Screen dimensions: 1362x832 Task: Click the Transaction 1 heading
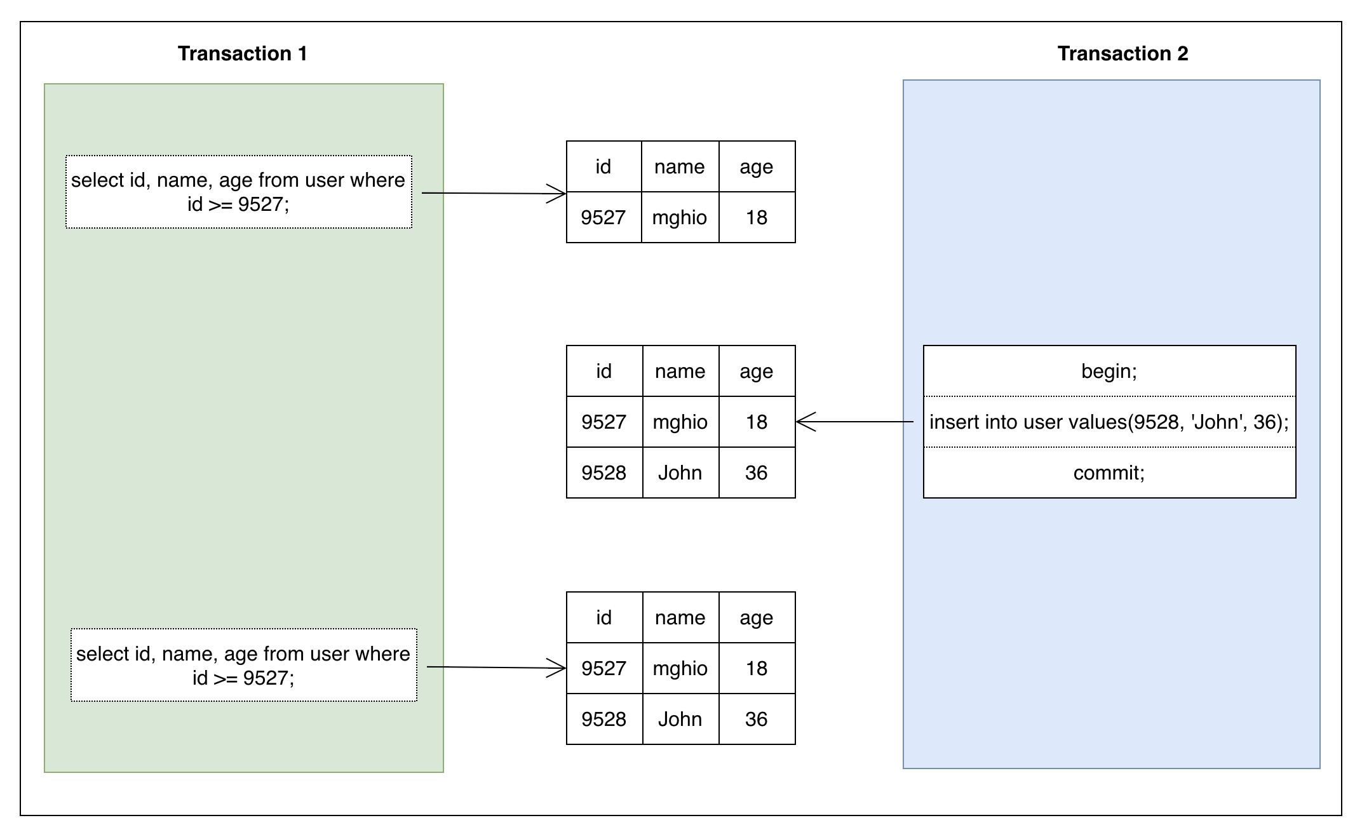(x=242, y=53)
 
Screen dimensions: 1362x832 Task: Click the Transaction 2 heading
(x=1123, y=53)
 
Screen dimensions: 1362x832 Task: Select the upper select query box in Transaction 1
(x=239, y=192)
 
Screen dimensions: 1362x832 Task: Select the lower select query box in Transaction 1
(x=244, y=665)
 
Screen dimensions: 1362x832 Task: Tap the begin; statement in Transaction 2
(x=1109, y=371)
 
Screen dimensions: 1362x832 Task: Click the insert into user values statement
(x=1109, y=422)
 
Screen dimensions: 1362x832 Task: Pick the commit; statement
(x=1109, y=473)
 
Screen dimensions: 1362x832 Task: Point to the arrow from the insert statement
(x=854, y=422)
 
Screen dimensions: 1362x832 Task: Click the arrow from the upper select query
(x=494, y=193)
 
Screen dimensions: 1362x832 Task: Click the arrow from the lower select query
(x=496, y=667)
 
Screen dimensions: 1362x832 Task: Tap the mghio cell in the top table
(x=680, y=217)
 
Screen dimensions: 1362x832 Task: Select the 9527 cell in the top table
(x=603, y=217)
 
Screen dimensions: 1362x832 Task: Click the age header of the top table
(x=757, y=166)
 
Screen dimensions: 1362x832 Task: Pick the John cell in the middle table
(x=680, y=473)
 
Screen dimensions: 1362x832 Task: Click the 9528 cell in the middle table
(x=604, y=473)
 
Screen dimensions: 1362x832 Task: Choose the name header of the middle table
(x=680, y=371)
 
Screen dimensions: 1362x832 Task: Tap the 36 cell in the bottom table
(x=757, y=719)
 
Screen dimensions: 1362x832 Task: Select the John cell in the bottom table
(x=680, y=719)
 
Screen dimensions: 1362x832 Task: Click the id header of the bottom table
(x=604, y=617)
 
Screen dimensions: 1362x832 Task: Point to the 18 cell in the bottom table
(x=757, y=668)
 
